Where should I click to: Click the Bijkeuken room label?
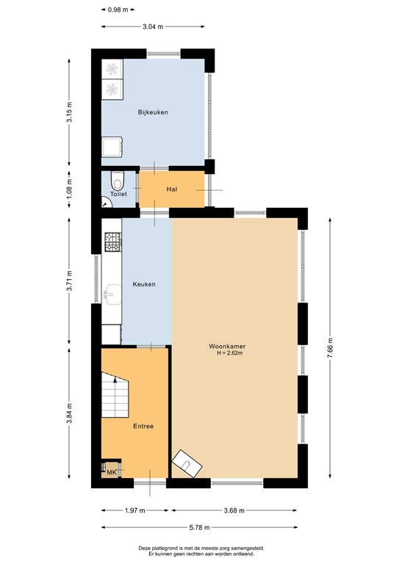(154, 112)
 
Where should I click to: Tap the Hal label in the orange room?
(172, 189)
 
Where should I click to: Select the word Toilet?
(118, 194)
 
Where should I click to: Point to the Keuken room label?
(143, 284)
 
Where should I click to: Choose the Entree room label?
(143, 426)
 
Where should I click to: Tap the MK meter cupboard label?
(112, 472)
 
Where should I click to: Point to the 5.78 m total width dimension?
(199, 527)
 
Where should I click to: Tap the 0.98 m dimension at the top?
(118, 10)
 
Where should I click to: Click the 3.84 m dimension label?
(70, 413)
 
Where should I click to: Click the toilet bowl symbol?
(117, 180)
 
